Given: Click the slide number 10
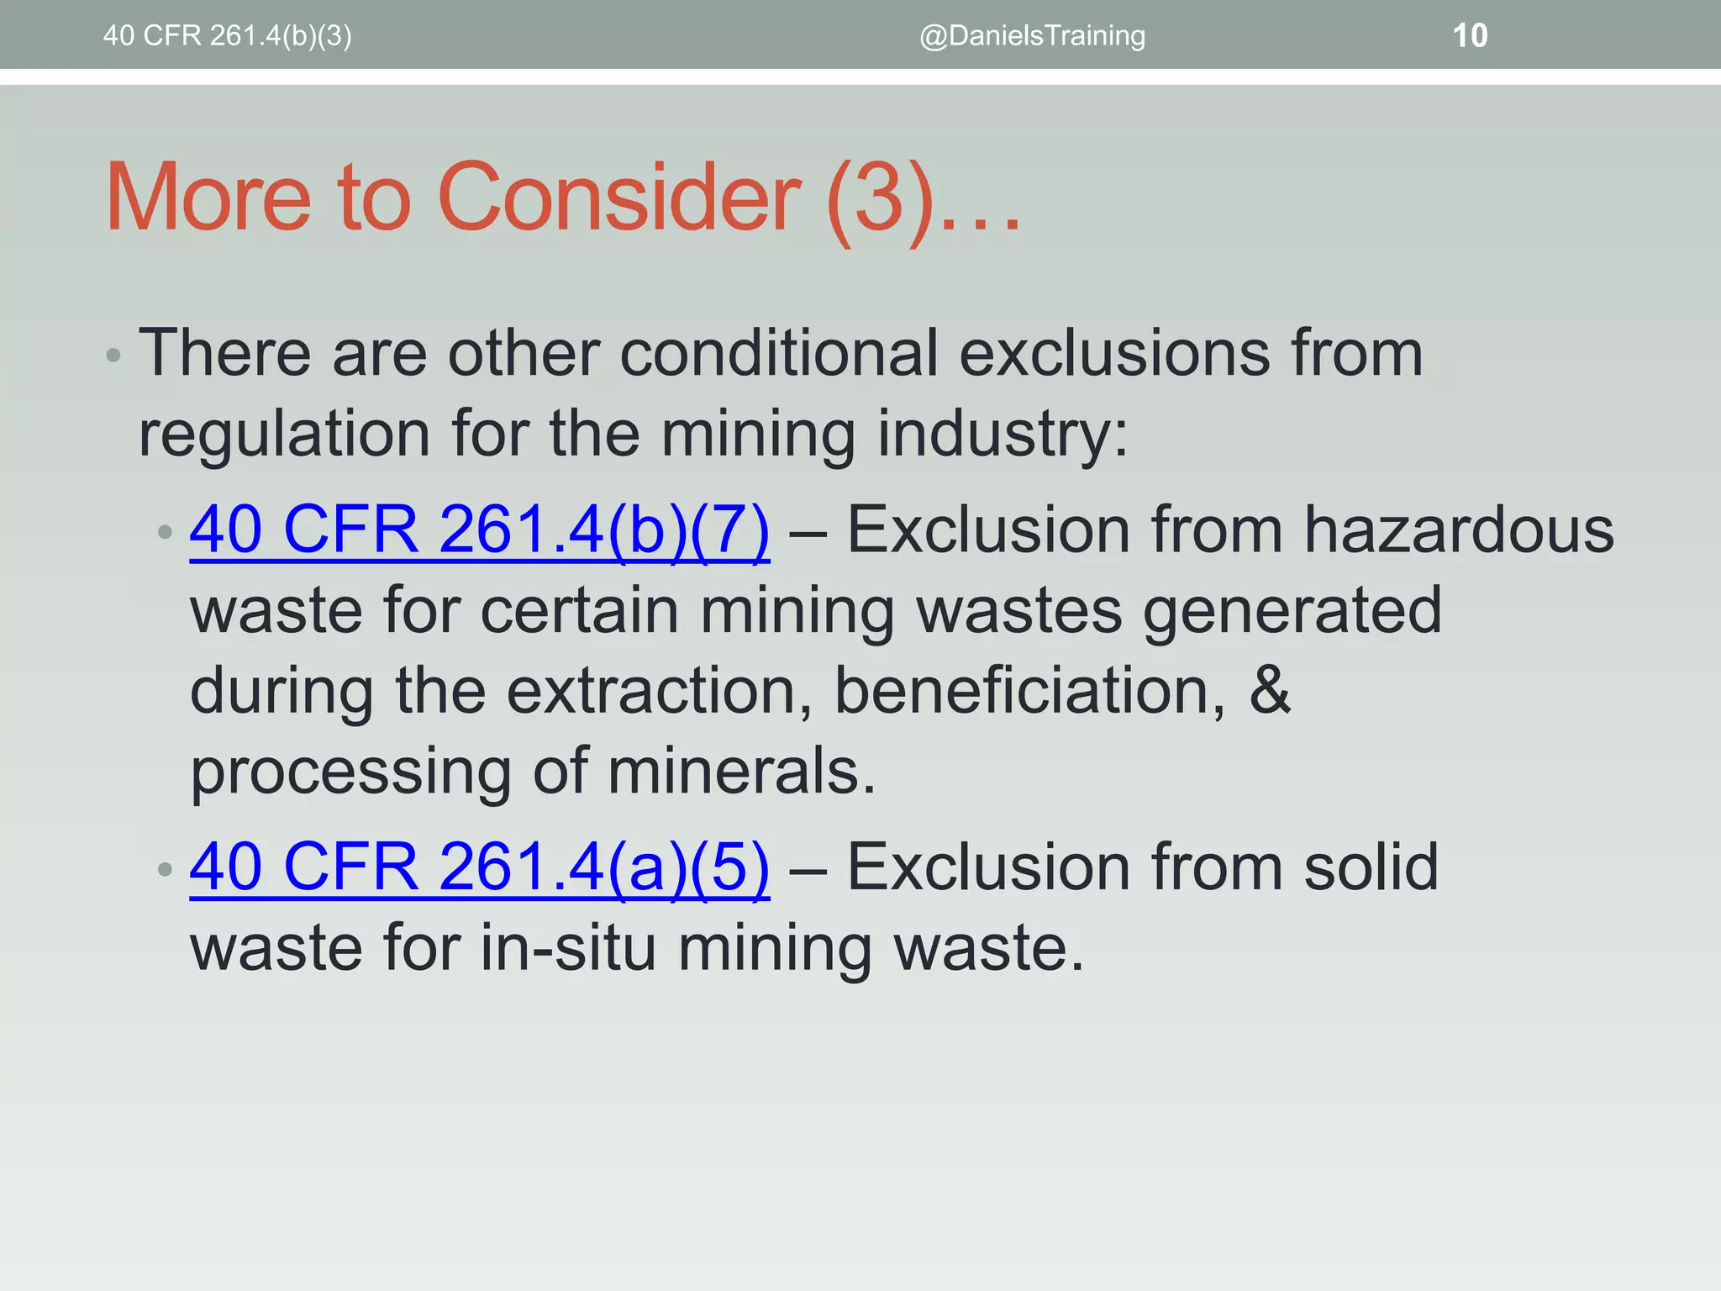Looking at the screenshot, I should pos(1470,35).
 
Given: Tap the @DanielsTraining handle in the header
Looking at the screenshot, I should pos(1032,35).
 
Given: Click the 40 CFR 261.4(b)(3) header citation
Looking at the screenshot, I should pos(227,35).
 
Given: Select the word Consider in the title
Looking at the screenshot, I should pos(618,198).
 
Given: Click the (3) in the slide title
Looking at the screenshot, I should pos(881,199).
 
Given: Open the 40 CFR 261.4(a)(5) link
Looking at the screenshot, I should pos(479,867).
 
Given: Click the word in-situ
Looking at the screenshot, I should pos(568,948).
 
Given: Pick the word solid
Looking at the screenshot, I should pos(1371,867).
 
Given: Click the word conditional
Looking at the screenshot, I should pos(778,353).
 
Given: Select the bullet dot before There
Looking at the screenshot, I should pos(114,356).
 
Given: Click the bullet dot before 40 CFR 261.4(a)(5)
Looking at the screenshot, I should pos(165,869).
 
